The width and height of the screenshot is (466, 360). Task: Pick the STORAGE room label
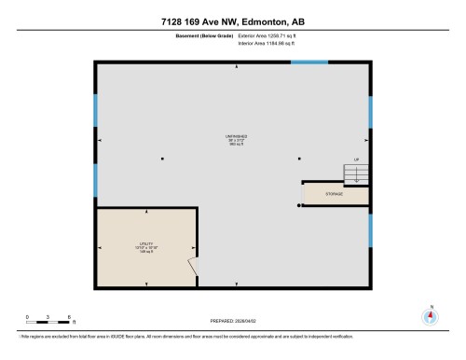(x=335, y=193)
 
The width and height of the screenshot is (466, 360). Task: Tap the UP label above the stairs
(x=355, y=160)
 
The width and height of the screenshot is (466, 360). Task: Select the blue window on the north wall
(x=308, y=62)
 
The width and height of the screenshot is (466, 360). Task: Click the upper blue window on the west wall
(x=95, y=111)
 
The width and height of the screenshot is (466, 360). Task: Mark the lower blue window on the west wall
(x=95, y=180)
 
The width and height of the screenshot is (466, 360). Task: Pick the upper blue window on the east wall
(x=371, y=113)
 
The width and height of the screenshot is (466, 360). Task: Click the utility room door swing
(x=193, y=267)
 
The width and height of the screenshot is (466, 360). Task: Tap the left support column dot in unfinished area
(x=163, y=158)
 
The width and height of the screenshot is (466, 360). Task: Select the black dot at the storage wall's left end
(x=299, y=204)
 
